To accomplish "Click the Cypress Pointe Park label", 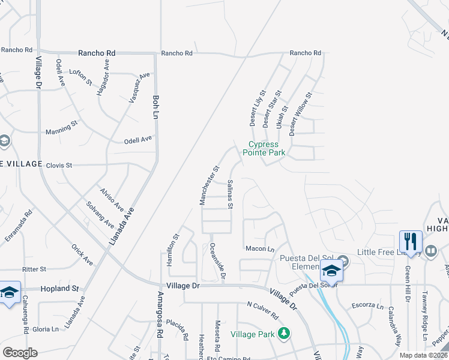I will pyautogui.click(x=264, y=148).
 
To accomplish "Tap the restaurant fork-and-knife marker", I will pyautogui.click(x=411, y=242).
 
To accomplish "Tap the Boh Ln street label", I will pyautogui.click(x=155, y=106).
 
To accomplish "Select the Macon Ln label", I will pyautogui.click(x=259, y=248).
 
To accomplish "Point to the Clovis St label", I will pyautogui.click(x=59, y=165).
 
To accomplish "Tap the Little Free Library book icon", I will pyautogui.click(x=430, y=250).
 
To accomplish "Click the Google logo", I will pyautogui.click(x=20, y=352).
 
